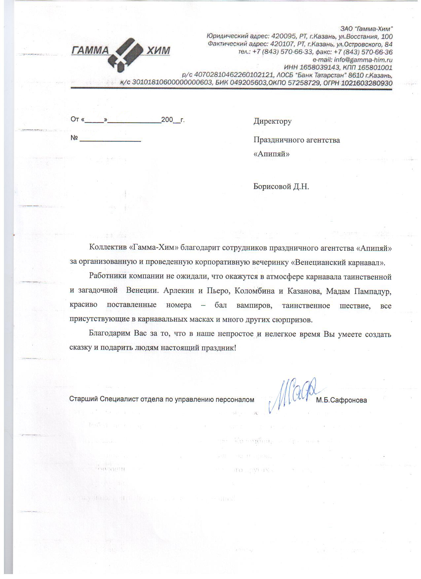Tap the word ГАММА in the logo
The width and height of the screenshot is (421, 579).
point(90,50)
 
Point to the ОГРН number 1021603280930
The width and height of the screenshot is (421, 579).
point(367,83)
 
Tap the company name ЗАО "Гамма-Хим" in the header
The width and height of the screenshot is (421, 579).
point(367,29)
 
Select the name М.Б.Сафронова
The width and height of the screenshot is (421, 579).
point(341,400)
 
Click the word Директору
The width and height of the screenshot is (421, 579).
point(272,121)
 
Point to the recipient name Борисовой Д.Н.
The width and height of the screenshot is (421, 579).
point(281,186)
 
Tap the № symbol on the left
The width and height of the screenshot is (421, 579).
point(74,138)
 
